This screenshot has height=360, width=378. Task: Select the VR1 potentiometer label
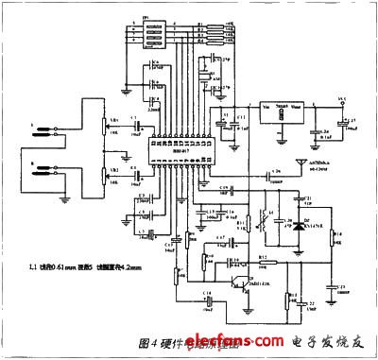(x=113, y=120)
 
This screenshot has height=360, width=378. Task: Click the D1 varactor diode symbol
(x=296, y=227)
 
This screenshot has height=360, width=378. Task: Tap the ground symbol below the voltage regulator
(x=281, y=140)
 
